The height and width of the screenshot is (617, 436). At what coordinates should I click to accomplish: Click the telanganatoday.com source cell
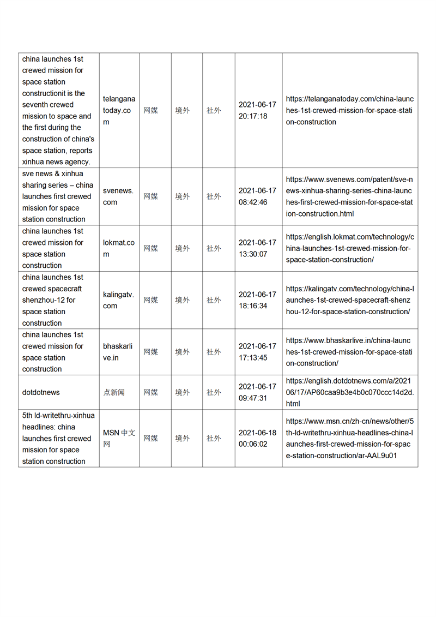(119, 110)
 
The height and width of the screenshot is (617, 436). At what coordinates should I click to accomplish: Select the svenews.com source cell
(118, 196)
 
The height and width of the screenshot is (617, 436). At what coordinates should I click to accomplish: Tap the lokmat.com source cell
(119, 248)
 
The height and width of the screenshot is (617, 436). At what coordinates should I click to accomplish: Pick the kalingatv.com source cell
(118, 300)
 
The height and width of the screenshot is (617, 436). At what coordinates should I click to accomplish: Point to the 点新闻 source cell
(114, 392)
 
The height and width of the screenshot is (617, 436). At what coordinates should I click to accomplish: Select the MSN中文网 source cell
(119, 438)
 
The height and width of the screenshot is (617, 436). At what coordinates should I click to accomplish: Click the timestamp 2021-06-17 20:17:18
(257, 110)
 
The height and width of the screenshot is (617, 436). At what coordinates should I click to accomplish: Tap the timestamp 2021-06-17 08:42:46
(257, 196)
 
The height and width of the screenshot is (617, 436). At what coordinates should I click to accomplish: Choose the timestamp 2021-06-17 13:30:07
(257, 248)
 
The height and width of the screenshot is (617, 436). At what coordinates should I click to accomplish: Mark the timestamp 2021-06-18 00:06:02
(257, 438)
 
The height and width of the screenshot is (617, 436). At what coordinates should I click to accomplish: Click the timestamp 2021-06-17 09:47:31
(257, 392)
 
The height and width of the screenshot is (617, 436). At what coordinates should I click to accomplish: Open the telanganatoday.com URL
(349, 110)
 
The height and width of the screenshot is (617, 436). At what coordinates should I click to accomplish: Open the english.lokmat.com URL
(349, 248)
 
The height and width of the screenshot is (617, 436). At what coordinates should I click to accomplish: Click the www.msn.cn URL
(349, 438)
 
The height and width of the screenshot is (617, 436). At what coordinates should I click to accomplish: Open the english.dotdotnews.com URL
(349, 392)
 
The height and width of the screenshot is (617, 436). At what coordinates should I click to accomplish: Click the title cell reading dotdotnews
(41, 392)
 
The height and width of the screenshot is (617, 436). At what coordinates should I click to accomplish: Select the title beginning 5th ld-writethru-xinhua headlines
(58, 438)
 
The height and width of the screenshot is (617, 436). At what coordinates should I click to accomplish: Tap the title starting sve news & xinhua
(58, 196)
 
